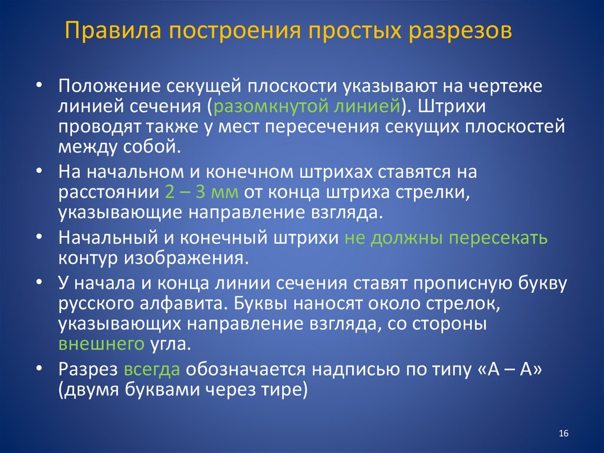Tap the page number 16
[x=563, y=434]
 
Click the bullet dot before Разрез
[x=38, y=367]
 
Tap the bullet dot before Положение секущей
[x=38, y=84]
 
